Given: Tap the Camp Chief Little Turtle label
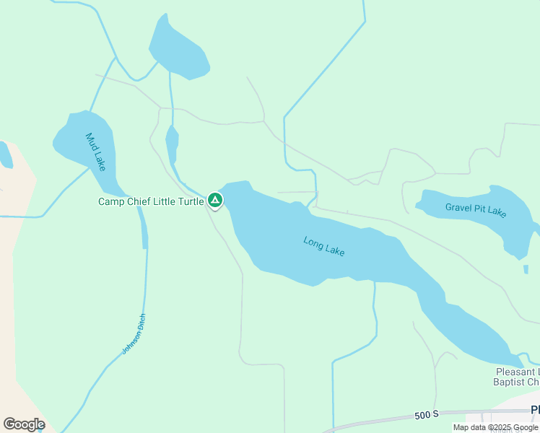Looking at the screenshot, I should click(151, 201).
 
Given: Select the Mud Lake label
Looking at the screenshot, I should click(95, 152).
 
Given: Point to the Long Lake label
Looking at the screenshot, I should click(324, 246).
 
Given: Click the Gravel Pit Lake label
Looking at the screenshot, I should click(476, 210).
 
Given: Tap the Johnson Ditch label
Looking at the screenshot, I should click(134, 333).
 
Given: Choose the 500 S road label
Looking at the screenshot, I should click(427, 415).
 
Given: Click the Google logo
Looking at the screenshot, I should click(24, 424).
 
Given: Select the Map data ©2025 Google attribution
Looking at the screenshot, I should click(495, 427).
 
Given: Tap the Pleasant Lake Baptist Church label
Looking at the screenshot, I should click(517, 377).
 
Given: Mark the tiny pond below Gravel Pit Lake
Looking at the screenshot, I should click(526, 269).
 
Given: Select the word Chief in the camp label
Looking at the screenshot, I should click(140, 201).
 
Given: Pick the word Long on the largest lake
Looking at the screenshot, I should click(313, 242).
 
